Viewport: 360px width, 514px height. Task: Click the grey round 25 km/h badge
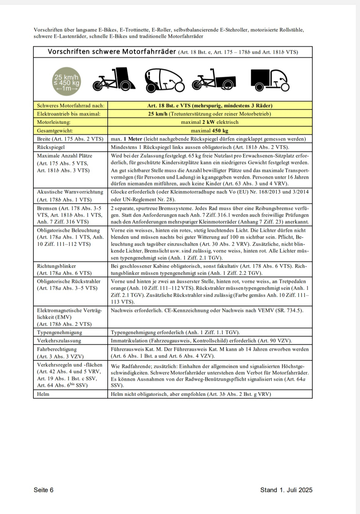tap(66, 81)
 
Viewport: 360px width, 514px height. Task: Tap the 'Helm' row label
tap(43, 394)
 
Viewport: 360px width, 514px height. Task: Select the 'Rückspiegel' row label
tap(51, 147)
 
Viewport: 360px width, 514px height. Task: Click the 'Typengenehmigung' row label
tap(60, 332)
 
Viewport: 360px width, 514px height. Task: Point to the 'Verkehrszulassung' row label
tap(59, 341)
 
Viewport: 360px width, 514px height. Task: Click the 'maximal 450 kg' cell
tap(210, 131)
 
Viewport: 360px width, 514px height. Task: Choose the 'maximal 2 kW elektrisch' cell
tap(210, 122)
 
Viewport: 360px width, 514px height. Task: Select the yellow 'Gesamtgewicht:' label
tap(55, 131)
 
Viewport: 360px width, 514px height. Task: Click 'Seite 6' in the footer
tap(43, 490)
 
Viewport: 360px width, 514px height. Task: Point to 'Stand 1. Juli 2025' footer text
tap(286, 490)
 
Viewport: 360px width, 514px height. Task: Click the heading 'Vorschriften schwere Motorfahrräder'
tap(112, 52)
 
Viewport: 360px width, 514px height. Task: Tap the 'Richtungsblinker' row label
tap(56, 266)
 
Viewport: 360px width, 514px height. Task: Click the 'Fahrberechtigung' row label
tap(57, 349)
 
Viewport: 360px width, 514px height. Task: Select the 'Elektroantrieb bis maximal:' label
tap(69, 114)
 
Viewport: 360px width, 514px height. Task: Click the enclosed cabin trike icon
tap(165, 80)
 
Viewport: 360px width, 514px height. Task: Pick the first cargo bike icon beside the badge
tap(114, 79)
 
